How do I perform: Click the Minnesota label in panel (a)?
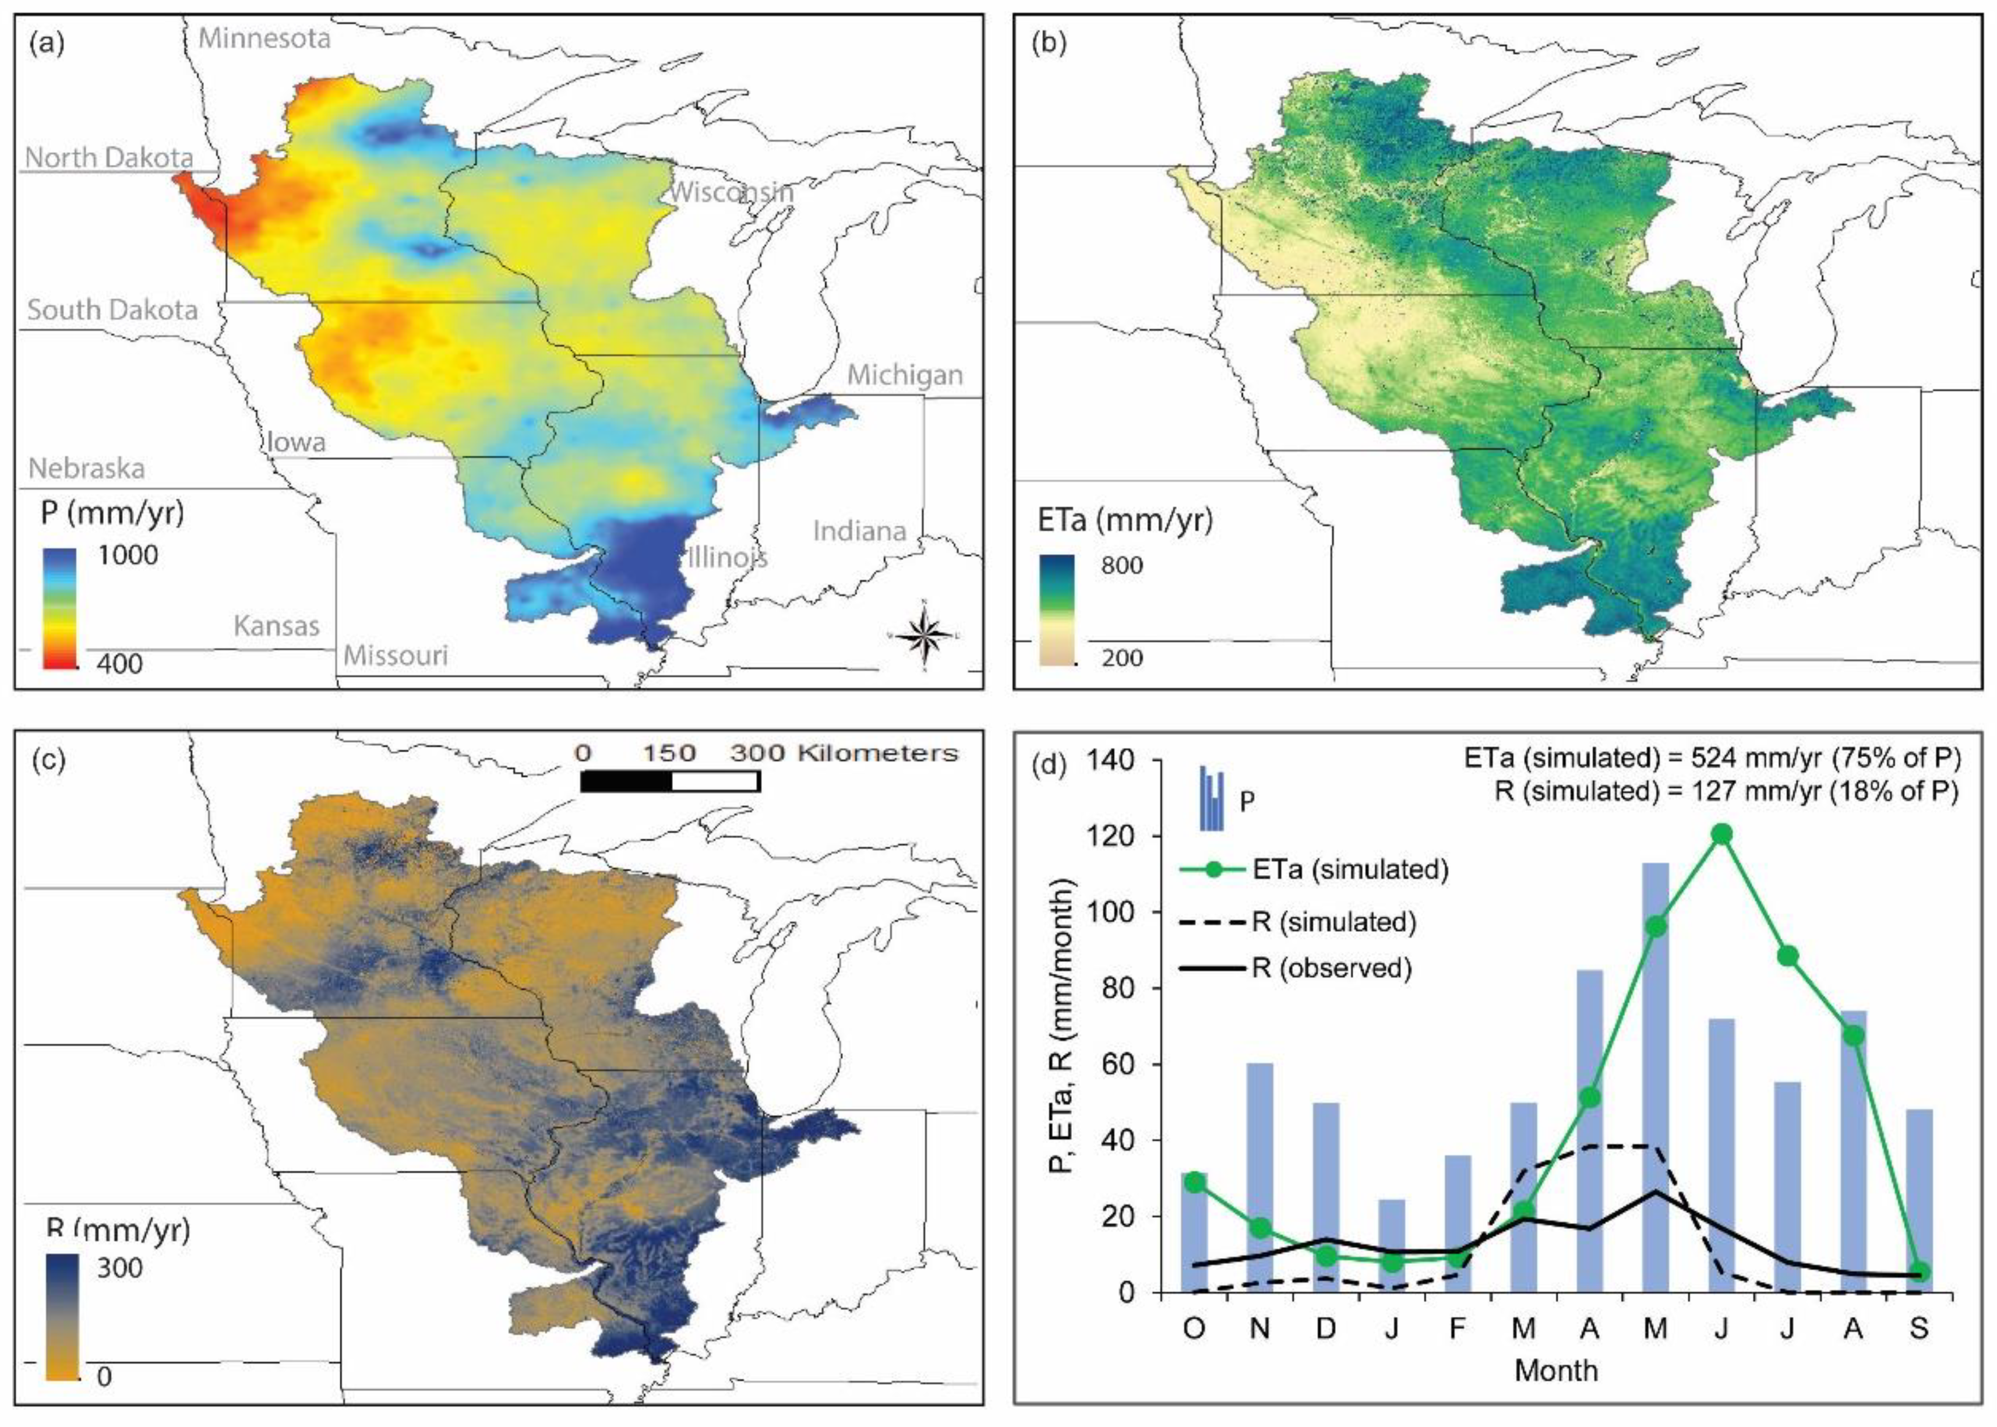point(264,38)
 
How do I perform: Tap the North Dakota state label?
point(109,157)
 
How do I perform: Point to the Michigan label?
point(904,375)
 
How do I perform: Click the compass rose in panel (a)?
point(923,633)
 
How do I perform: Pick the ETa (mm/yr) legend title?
point(1124,520)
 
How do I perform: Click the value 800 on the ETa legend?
point(1122,565)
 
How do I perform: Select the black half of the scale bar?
point(626,781)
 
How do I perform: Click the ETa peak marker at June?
point(1721,834)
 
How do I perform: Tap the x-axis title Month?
point(1556,1370)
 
